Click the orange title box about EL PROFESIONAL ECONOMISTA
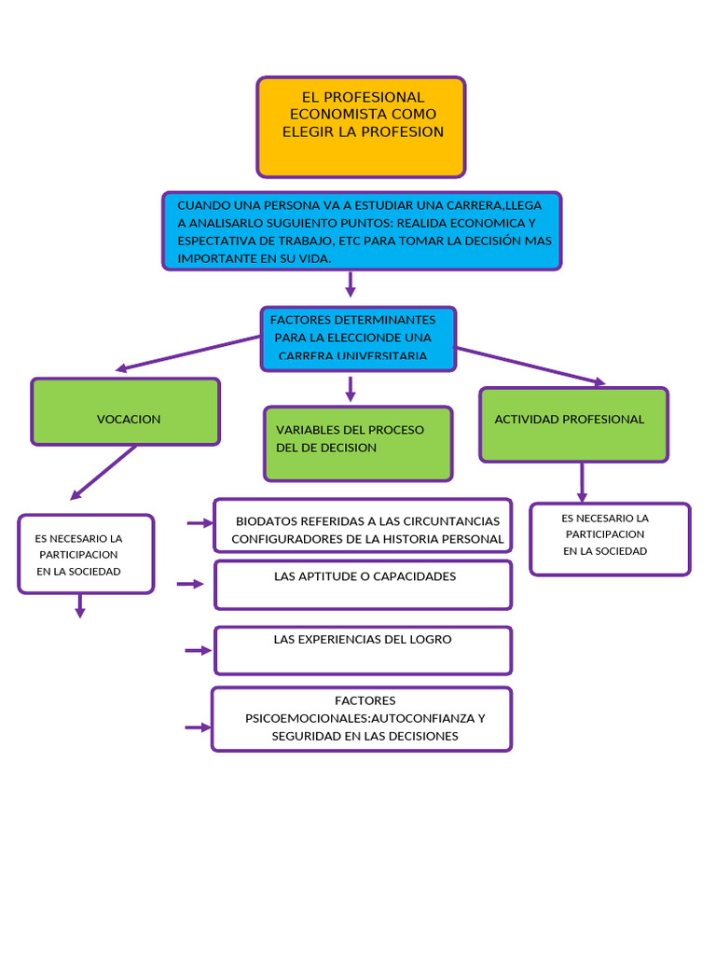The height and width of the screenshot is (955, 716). click(x=361, y=128)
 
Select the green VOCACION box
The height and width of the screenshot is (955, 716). click(x=126, y=411)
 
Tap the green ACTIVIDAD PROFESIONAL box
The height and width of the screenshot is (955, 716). click(x=573, y=424)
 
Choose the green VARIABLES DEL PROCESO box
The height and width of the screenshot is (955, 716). click(x=358, y=443)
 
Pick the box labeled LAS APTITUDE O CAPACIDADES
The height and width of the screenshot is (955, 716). click(x=363, y=585)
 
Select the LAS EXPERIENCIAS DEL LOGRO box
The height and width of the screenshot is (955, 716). click(x=363, y=650)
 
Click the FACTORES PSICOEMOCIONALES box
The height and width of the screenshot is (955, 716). click(x=362, y=719)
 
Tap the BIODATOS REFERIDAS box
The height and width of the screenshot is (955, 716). click(x=363, y=526)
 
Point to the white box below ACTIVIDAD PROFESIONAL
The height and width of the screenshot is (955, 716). click(x=610, y=539)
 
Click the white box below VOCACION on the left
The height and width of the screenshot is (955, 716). click(x=86, y=554)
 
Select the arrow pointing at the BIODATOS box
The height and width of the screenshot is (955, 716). click(x=200, y=524)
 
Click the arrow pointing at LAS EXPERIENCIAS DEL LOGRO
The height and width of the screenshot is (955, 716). click(x=198, y=650)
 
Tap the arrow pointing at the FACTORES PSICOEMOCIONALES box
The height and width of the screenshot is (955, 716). click(x=198, y=727)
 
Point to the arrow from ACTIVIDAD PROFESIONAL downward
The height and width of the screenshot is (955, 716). click(x=582, y=482)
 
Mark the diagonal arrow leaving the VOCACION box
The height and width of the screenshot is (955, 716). click(x=103, y=473)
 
